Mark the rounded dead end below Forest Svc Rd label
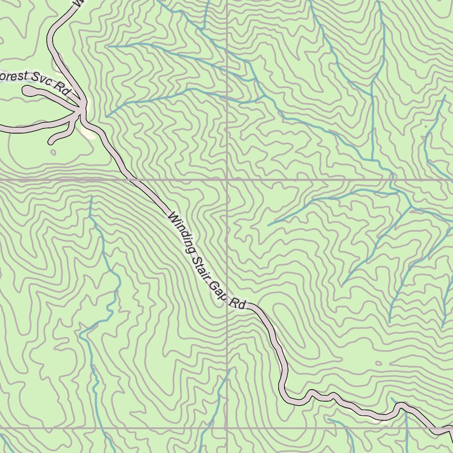pos(27,91)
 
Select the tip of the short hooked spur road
pos(51,142)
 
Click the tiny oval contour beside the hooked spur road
pos(54,153)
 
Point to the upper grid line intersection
pos(227,180)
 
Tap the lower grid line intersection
pos(227,428)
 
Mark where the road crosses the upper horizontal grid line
pos(132,180)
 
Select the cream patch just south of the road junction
pos(88,133)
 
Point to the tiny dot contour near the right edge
pos(426,127)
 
